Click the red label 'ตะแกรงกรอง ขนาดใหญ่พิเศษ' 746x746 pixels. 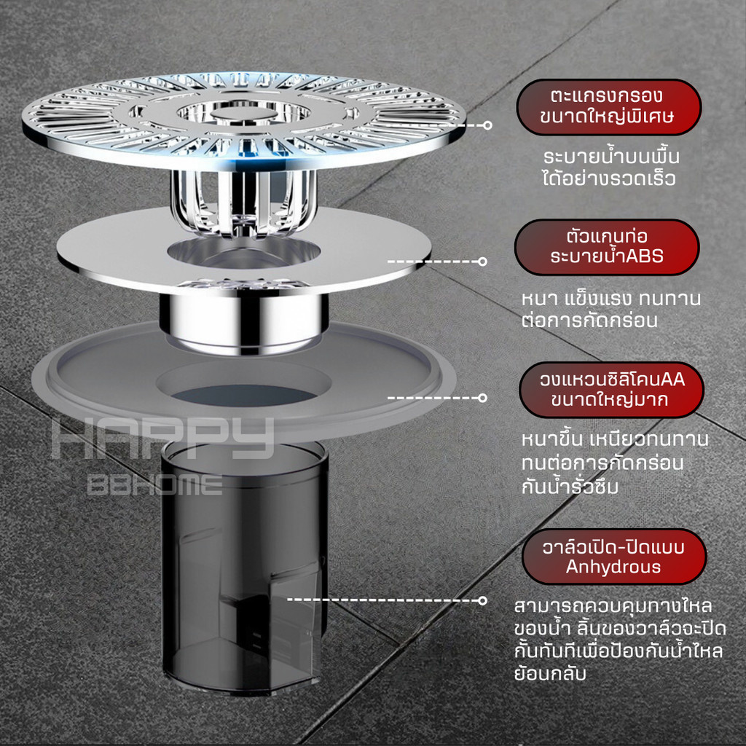tap(608, 107)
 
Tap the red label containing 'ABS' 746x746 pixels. tap(607, 247)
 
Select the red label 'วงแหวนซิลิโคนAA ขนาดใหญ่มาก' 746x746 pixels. tap(611, 390)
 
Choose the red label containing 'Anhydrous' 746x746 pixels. tap(614, 557)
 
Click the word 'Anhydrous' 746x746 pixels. tap(613, 567)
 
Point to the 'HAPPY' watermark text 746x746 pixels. tap(162, 438)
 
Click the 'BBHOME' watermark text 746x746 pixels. tap(155, 484)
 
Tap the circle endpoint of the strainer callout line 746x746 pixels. tap(487, 125)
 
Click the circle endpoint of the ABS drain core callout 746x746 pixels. tap(482, 262)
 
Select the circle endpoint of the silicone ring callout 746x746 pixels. tap(482, 398)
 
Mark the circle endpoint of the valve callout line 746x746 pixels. tap(482, 600)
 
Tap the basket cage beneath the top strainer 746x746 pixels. tap(243, 203)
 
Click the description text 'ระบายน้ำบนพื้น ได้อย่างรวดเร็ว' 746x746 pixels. tap(611, 168)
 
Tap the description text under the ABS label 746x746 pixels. tap(611, 309)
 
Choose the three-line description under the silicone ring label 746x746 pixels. tap(615, 463)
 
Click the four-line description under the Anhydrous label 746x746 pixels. tap(619, 640)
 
